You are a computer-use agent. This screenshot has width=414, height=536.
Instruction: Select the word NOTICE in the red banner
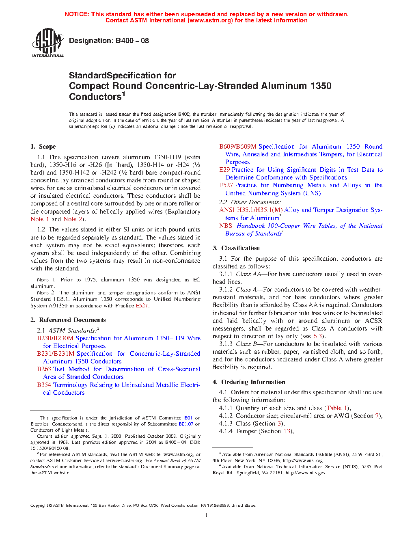click(77, 14)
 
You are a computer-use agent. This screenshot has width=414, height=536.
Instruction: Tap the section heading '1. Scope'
click(43, 147)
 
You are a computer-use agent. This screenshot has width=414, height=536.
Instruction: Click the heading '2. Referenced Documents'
click(68, 320)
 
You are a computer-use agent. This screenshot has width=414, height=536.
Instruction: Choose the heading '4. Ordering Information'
click(249, 382)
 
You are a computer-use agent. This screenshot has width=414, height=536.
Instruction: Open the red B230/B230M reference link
click(55, 338)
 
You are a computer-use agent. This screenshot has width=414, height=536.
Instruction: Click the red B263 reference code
click(44, 369)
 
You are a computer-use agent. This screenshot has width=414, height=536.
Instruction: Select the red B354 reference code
click(44, 385)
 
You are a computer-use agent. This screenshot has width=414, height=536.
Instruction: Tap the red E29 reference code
click(224, 170)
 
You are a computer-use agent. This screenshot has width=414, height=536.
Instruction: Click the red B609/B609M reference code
click(238, 147)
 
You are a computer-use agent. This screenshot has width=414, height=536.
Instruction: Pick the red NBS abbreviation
click(226, 226)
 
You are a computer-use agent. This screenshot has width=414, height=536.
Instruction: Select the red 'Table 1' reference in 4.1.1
click(337, 408)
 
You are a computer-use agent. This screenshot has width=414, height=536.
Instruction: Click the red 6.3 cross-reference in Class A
click(317, 336)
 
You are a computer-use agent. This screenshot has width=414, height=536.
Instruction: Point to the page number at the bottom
click(207, 515)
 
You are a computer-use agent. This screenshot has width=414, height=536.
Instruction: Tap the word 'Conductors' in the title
click(95, 97)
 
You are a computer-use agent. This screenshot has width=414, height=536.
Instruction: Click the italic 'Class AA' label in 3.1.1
click(248, 274)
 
